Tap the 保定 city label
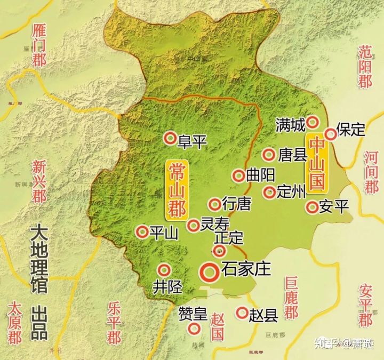[x=351, y=129]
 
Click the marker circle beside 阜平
[x=170, y=139]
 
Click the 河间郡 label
[x=371, y=171]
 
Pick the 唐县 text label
[x=292, y=155]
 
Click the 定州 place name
[x=290, y=193]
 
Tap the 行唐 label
[x=236, y=204]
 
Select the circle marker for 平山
[x=142, y=231]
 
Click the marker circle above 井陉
[x=165, y=270]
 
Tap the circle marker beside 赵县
[x=242, y=313]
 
